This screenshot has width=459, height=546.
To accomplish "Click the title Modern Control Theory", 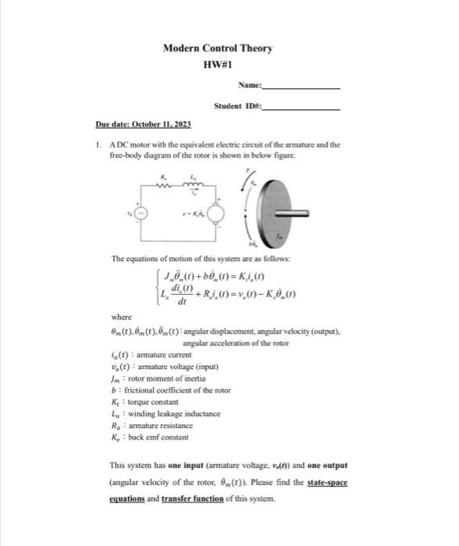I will pos(218,48).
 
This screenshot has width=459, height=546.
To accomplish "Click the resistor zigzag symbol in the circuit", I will pos(165,185).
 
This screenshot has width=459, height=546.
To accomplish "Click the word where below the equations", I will pos(121,318).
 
